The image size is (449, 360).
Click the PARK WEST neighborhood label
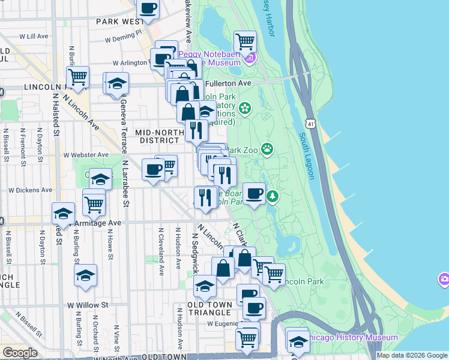(x=119, y=22)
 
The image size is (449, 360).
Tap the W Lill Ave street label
(x=33, y=37)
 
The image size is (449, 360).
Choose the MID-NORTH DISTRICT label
(x=157, y=136)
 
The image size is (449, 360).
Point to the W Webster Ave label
(x=86, y=154)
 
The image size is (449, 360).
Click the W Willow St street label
(x=87, y=305)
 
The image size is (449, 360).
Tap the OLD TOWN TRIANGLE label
(x=209, y=308)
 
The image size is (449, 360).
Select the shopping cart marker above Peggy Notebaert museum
(x=245, y=42)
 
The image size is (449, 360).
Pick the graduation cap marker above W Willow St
(x=85, y=275)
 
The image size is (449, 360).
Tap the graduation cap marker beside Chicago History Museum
(x=298, y=340)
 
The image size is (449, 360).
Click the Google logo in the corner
(x=20, y=353)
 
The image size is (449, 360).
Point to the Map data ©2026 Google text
(x=411, y=355)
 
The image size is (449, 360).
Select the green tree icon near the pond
(x=273, y=196)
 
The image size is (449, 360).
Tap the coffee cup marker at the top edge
(x=148, y=9)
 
